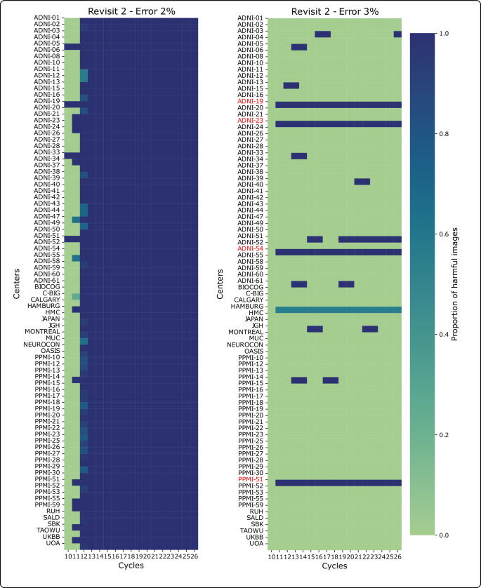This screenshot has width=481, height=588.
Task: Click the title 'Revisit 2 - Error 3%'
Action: (x=338, y=10)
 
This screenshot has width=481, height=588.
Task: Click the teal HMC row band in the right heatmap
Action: (x=338, y=309)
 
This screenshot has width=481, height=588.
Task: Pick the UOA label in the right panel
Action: (x=257, y=543)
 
